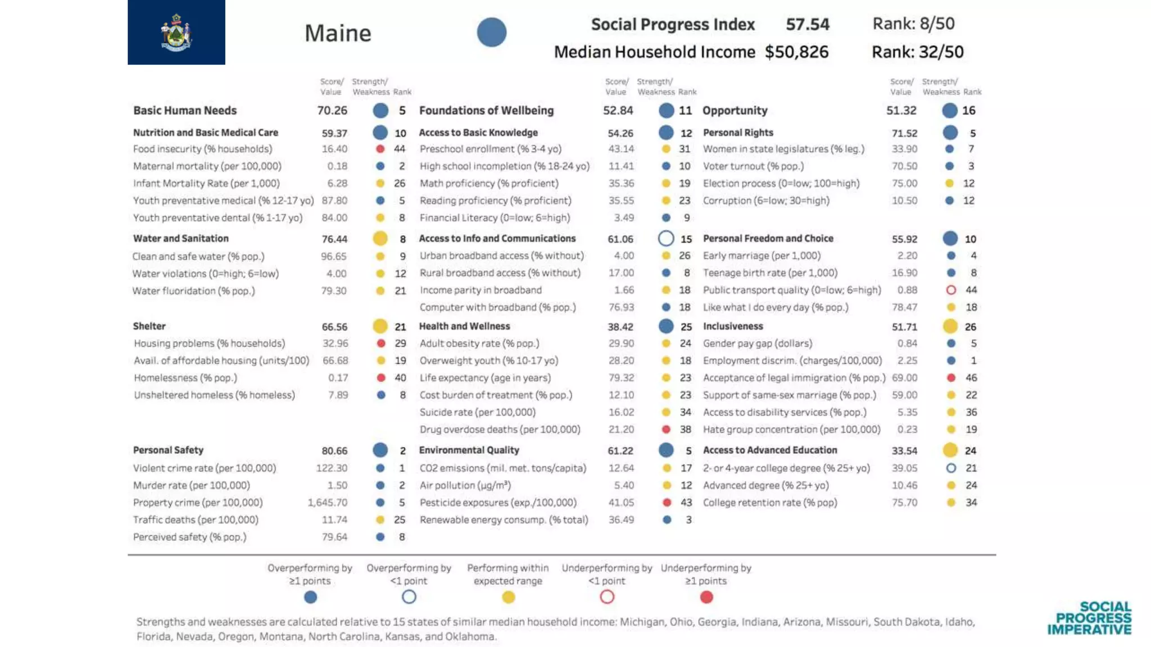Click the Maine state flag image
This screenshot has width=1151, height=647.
pos(176,32)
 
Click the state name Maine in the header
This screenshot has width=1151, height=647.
pos(338,33)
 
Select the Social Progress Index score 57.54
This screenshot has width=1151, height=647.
pos(807,24)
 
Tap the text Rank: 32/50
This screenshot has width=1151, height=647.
pos(917,52)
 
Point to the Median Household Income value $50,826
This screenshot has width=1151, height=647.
pos(796,52)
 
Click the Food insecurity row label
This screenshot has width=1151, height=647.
pos(202,149)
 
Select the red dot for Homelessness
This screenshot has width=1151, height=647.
pos(381,378)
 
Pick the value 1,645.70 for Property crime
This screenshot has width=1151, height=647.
pos(327,503)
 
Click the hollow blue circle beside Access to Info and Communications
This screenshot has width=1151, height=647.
pos(666,239)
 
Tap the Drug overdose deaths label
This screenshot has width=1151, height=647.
pos(499,430)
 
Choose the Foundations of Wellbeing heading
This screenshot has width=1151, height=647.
pos(486,111)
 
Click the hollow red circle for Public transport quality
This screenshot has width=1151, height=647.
pos(951,290)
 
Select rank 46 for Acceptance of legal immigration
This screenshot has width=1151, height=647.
pos(971,378)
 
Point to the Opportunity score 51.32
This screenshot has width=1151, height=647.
pos(901,111)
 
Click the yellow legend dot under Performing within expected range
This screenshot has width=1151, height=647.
pos(508,597)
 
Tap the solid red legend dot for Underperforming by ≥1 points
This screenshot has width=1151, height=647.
pos(706,597)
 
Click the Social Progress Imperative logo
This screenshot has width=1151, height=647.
pos(1089,618)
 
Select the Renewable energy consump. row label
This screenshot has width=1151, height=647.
pos(504,520)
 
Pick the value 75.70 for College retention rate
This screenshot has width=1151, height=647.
pos(904,503)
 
